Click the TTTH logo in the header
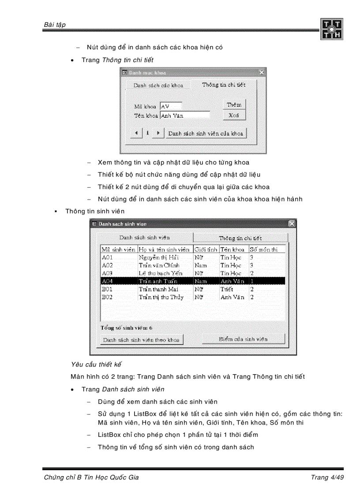(x=331, y=29)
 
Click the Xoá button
(x=234, y=115)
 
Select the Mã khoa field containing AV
(x=171, y=106)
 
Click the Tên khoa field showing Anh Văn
(x=185, y=115)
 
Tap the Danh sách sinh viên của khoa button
(x=206, y=133)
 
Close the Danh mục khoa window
(x=262, y=72)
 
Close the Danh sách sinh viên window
(x=292, y=224)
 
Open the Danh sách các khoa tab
(x=158, y=85)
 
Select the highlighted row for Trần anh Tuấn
(x=193, y=281)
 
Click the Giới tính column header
(x=206, y=249)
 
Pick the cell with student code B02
(x=108, y=297)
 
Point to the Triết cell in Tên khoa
(x=227, y=289)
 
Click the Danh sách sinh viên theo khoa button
(x=141, y=340)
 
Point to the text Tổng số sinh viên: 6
(x=127, y=328)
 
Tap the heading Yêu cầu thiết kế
(x=96, y=365)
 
